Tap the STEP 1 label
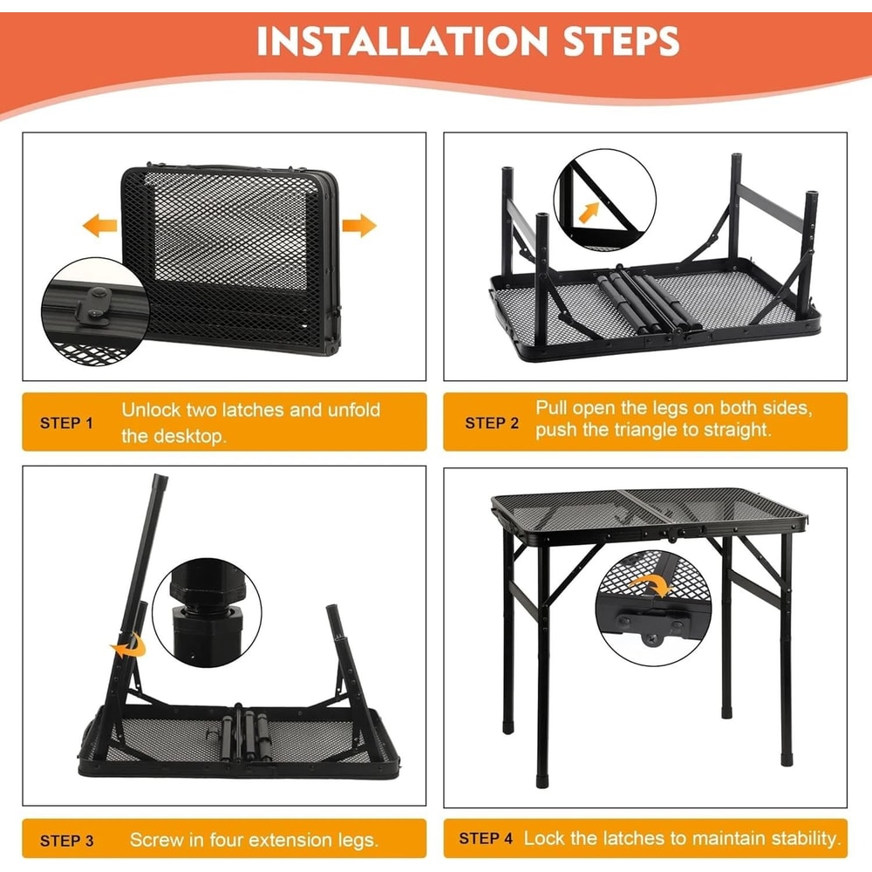[66, 423]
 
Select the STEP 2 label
[492, 423]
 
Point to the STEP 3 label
[66, 841]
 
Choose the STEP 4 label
[486, 839]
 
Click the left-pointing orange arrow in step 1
[99, 228]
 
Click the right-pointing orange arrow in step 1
[358, 227]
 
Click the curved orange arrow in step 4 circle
[649, 585]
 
